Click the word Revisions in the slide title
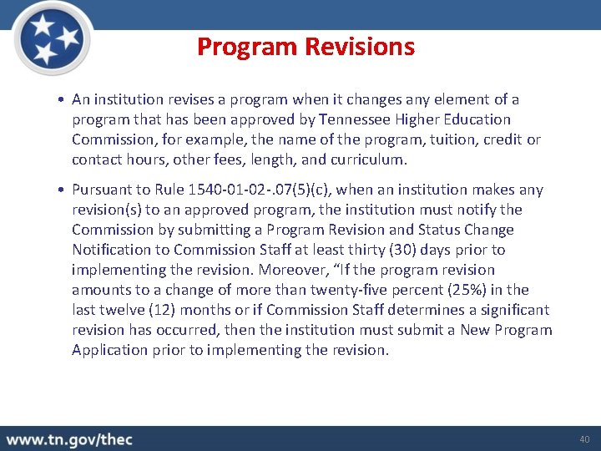(361, 48)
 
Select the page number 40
(583, 439)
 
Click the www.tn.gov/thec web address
(69, 439)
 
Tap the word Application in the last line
(110, 350)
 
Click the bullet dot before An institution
(63, 100)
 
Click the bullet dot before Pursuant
(63, 190)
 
